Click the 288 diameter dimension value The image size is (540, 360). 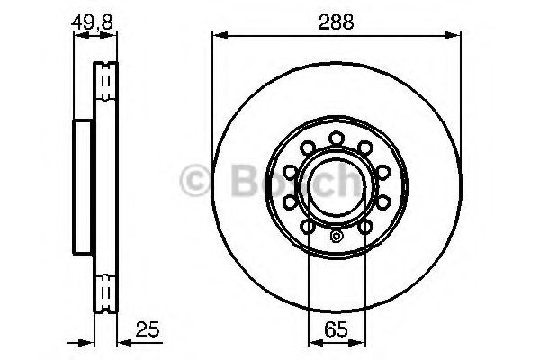coord(336,22)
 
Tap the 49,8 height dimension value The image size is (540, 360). coord(93,22)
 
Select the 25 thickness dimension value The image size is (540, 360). coord(148,329)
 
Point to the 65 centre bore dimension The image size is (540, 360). coord(336,329)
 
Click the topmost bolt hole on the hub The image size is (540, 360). coord(337,139)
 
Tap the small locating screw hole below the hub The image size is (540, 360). coord(336,237)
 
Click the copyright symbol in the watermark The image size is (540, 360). coord(195,181)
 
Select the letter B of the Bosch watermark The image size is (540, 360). coord(246,181)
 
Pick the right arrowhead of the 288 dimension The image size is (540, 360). coord(452,35)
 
